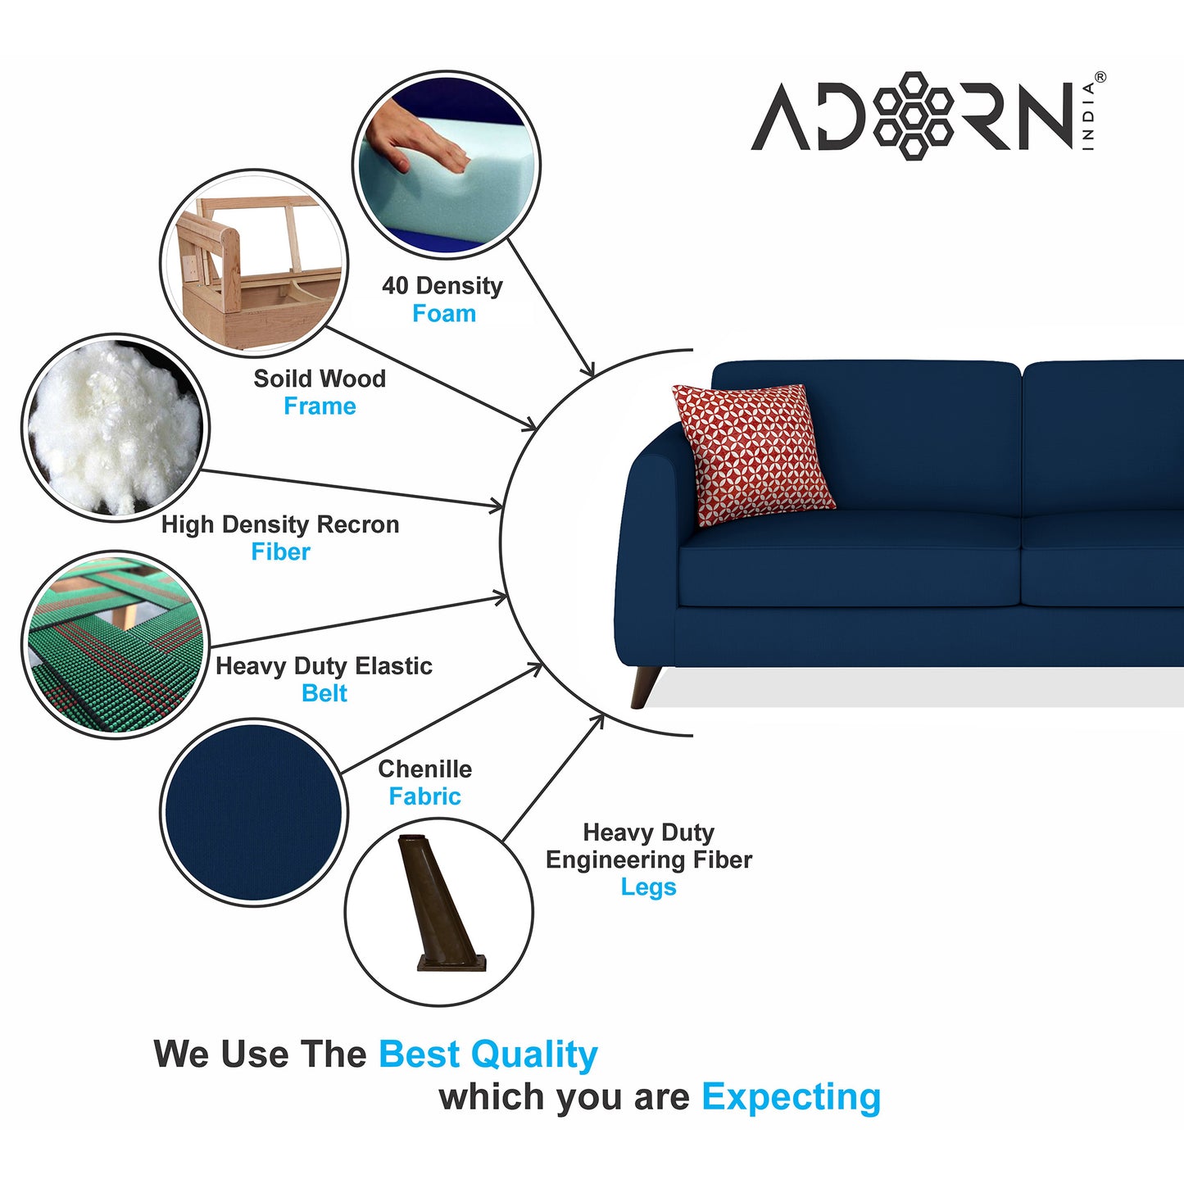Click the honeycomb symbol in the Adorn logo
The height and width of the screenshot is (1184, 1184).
[x=913, y=116]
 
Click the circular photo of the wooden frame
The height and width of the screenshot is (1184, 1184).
[x=254, y=262]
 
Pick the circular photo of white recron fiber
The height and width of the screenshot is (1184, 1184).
[x=116, y=428]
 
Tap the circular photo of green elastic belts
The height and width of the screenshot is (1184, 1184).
[x=116, y=645]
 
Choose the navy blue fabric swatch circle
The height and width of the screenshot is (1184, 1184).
[x=254, y=812]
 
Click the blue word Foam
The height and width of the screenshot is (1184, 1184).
[x=444, y=314]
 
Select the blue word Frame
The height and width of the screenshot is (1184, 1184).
[x=320, y=406]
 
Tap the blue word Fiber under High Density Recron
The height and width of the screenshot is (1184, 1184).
[x=280, y=552]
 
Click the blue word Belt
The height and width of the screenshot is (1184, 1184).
[x=324, y=694]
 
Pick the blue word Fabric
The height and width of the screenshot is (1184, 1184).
[x=424, y=796]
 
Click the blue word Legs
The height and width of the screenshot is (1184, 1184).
[x=648, y=887]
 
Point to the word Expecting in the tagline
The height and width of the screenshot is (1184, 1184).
[x=791, y=1097]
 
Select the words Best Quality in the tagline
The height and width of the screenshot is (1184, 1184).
[x=488, y=1055]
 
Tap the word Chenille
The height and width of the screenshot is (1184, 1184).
[x=424, y=769]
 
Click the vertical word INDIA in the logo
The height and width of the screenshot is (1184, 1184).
[x=1088, y=116]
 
